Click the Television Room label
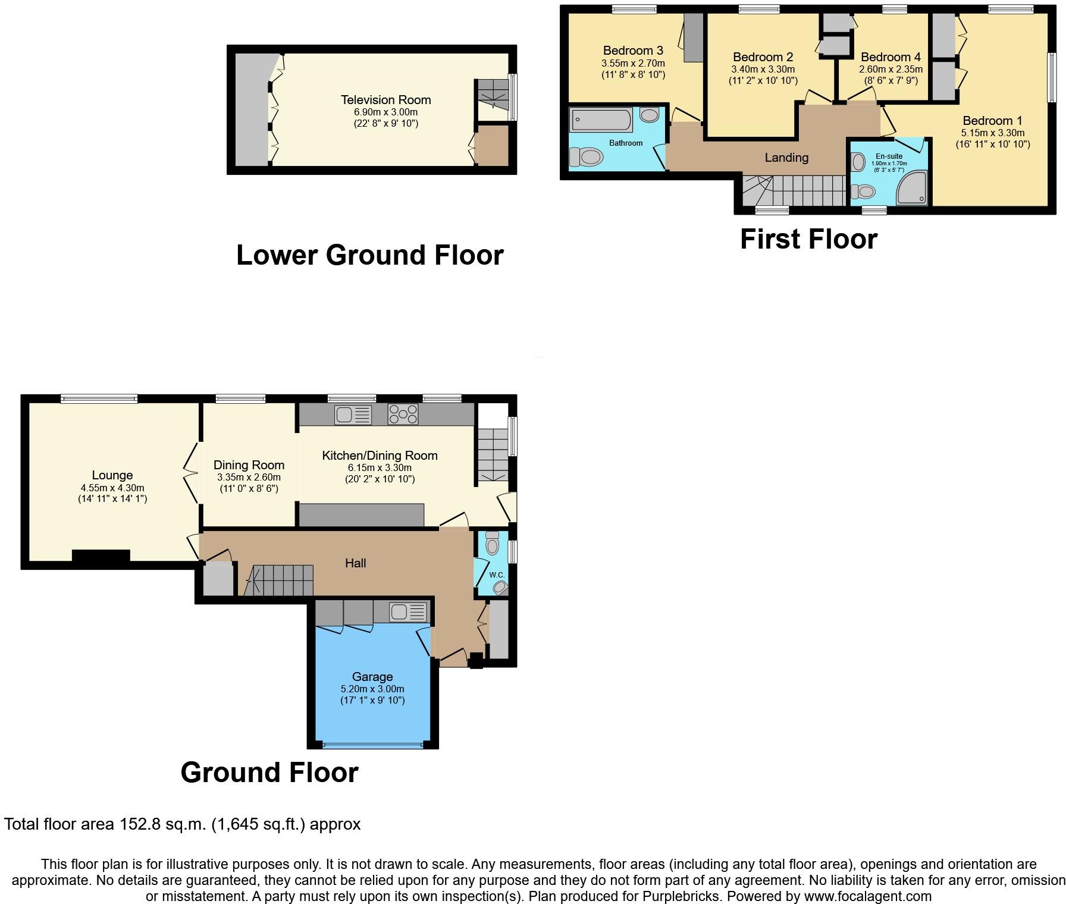(385, 100)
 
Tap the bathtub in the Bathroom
(601, 120)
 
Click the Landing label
(786, 158)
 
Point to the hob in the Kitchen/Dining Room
(403, 414)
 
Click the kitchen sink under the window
(353, 415)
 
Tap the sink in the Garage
(408, 611)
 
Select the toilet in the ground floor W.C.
(493, 543)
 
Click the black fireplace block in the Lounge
(101, 556)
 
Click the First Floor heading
(808, 239)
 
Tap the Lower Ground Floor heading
(369, 255)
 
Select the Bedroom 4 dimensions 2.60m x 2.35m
(891, 69)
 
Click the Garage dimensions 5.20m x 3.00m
(372, 689)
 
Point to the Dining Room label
(249, 465)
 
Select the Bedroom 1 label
(992, 121)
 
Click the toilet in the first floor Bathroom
(587, 157)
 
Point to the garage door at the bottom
(373, 745)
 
